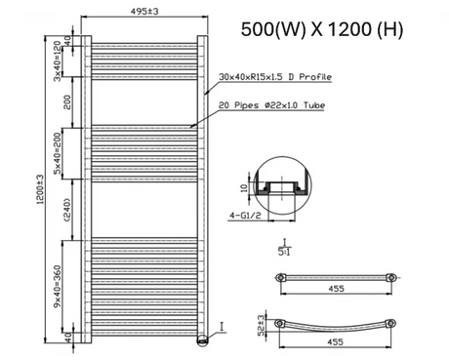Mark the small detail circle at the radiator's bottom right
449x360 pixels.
click(x=202, y=340)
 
